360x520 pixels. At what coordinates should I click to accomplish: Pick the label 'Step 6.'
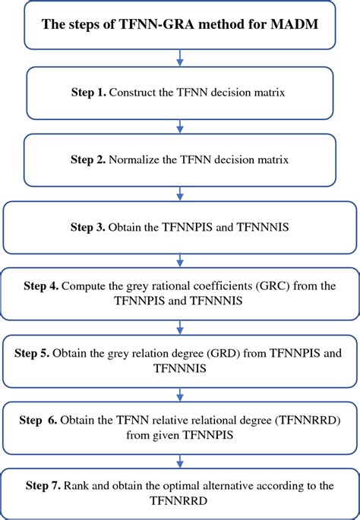pyautogui.click(x=39, y=420)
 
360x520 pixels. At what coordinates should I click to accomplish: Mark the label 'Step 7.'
pyautogui.click(x=44, y=485)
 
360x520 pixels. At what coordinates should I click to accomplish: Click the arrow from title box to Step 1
pyautogui.click(x=179, y=57)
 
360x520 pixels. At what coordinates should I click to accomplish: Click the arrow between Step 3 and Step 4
pyautogui.click(x=179, y=260)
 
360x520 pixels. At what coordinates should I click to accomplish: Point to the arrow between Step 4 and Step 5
pyautogui.click(x=179, y=326)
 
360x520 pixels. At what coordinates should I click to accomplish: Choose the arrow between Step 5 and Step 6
pyautogui.click(x=179, y=393)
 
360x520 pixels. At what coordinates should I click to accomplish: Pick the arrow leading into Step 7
pyautogui.click(x=179, y=460)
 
